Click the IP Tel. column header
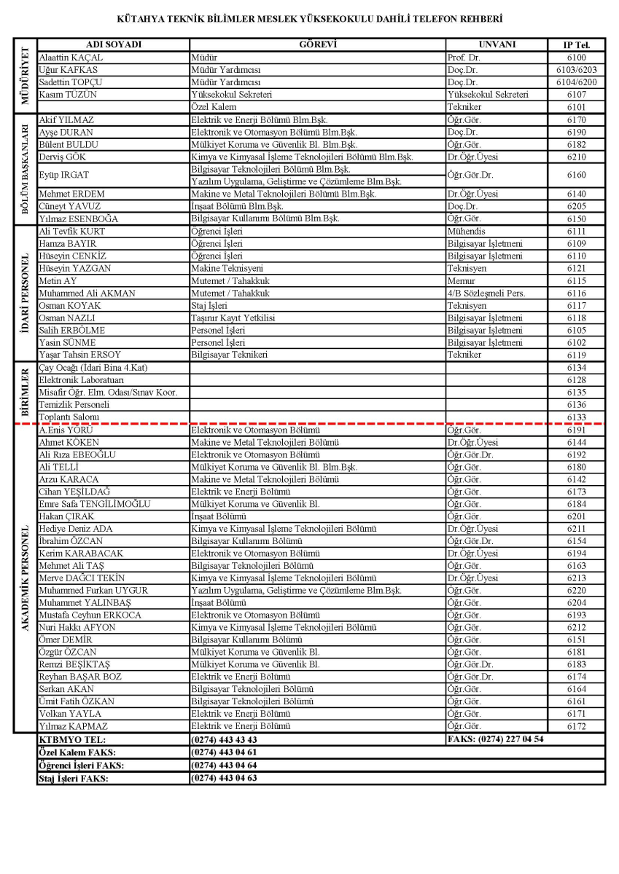pyautogui.click(x=576, y=44)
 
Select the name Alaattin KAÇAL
pyautogui.click(x=71, y=57)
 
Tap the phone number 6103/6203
pyautogui.click(x=576, y=69)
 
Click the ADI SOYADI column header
pyautogui.click(x=113, y=44)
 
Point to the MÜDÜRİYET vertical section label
pyautogui.click(x=25, y=75)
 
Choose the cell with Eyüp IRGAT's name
pyautogui.click(x=66, y=176)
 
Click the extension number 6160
pyautogui.click(x=576, y=176)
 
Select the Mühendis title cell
pyautogui.click(x=466, y=231)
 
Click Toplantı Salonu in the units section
pyautogui.click(x=69, y=417)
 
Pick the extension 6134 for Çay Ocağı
pyautogui.click(x=576, y=368)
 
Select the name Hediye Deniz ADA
pyautogui.click(x=76, y=529)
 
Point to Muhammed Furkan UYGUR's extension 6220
pyautogui.click(x=576, y=590)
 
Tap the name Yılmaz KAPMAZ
pyautogui.click(x=72, y=726)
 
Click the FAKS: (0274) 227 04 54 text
pyautogui.click(x=495, y=739)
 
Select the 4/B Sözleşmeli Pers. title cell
pyautogui.click(x=486, y=293)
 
